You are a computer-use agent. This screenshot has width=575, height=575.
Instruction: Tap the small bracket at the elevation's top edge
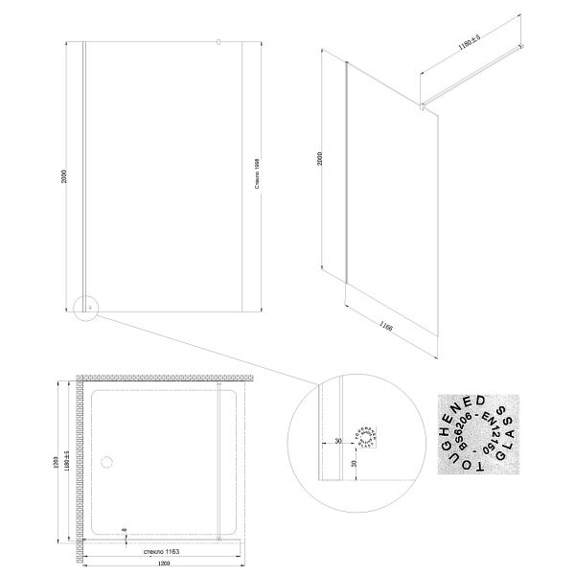click(218, 42)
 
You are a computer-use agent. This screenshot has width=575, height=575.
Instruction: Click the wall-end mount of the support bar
click(520, 46)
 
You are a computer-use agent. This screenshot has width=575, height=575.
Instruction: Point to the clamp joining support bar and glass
click(424, 102)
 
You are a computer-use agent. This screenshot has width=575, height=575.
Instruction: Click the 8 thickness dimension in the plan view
click(125, 530)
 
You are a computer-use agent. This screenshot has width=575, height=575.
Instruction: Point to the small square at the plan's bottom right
click(221, 540)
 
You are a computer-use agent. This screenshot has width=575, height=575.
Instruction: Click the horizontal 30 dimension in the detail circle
click(338, 442)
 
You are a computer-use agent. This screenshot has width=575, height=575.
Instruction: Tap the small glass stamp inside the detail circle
click(366, 436)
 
